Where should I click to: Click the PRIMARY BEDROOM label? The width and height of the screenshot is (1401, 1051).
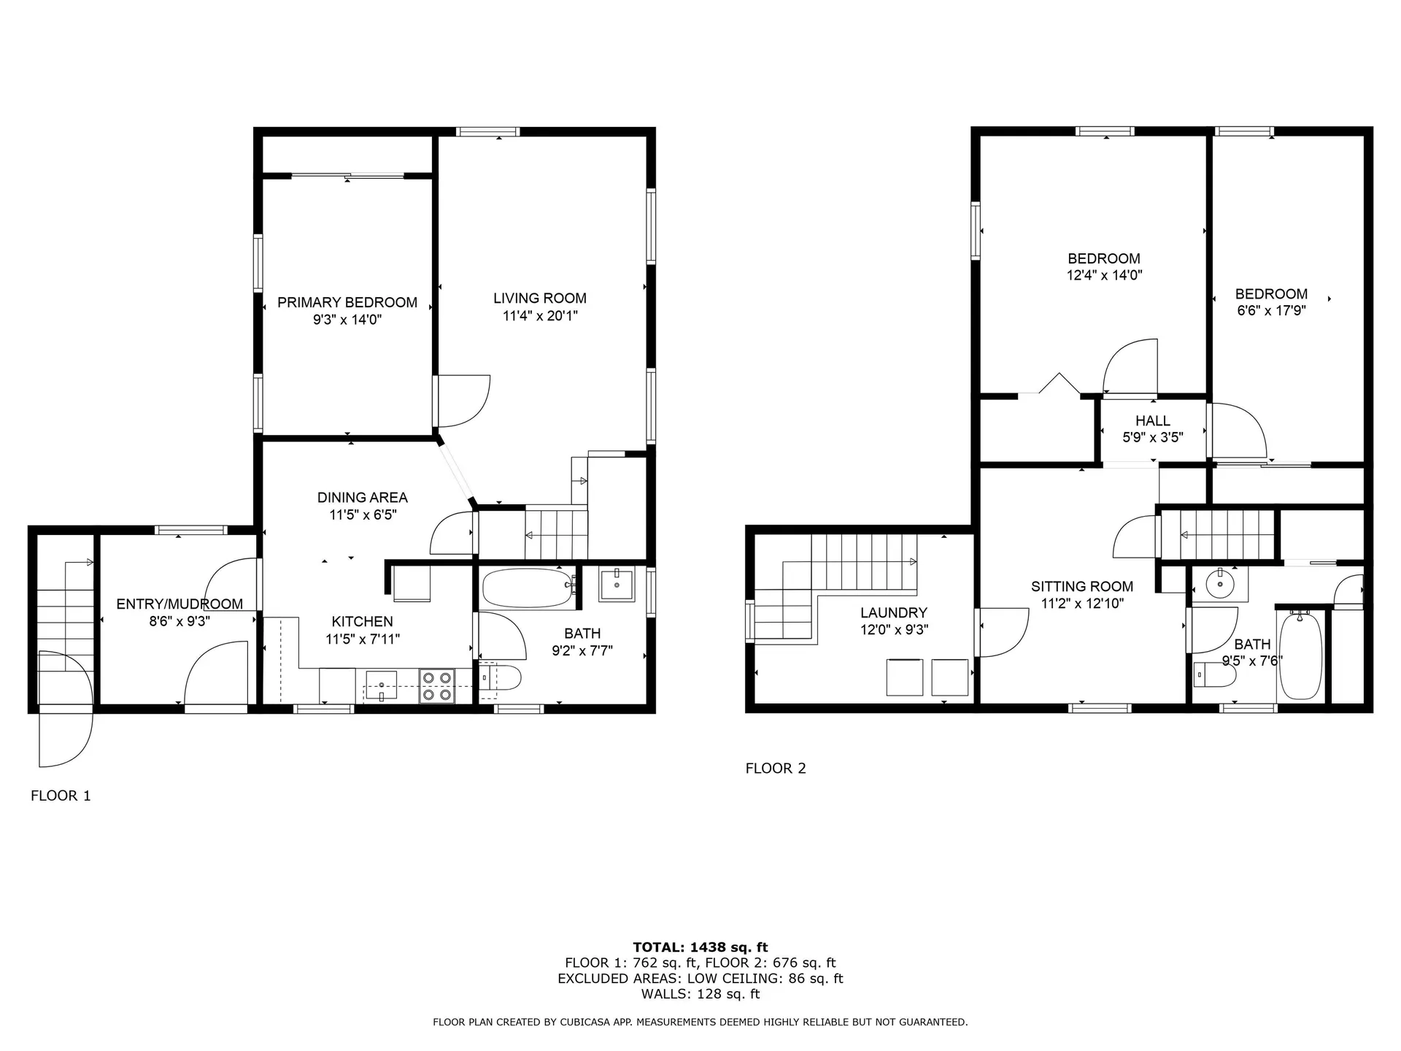point(347,302)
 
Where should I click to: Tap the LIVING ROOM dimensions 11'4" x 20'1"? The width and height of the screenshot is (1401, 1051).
point(540,316)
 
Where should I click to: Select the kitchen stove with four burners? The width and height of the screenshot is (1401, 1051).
point(437,687)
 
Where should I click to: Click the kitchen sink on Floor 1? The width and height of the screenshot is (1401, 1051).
point(381,685)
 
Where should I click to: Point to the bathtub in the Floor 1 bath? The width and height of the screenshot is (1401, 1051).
point(528,588)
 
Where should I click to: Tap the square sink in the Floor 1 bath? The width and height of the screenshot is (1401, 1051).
point(617,585)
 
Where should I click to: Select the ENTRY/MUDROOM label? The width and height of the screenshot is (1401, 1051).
point(180,604)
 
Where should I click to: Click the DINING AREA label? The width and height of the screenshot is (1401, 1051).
point(362,498)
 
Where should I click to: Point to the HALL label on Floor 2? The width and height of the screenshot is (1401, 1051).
point(1153,420)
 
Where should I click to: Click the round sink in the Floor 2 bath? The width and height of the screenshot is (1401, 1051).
point(1219,584)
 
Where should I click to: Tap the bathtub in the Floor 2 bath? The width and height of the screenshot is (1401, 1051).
point(1300,656)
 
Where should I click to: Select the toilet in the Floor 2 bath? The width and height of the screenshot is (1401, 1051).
point(1214,675)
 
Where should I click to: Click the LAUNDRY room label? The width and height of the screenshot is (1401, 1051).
point(893,613)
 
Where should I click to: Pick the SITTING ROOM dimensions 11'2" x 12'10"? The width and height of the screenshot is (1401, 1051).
point(1082,604)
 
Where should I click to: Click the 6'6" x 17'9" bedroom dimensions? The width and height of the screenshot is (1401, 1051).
point(1271,310)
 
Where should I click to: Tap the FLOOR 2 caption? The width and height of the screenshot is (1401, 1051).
point(776,768)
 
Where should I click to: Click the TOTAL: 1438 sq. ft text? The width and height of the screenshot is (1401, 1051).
point(700,947)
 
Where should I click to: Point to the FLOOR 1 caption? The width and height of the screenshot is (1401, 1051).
point(61,796)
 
